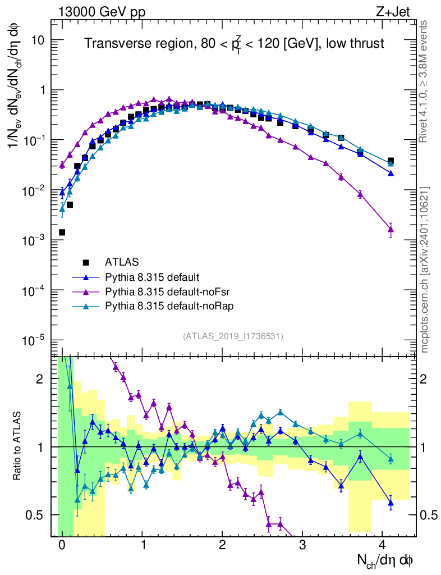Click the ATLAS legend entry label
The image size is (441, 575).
(121, 262)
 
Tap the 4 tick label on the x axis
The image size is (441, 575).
(382, 545)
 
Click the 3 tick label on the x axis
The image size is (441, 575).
(302, 545)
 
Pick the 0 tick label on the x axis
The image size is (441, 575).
(62, 545)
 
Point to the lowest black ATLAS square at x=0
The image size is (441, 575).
(62, 232)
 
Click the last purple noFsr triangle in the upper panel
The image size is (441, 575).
(391, 229)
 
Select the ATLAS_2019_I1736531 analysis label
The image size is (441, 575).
(233, 336)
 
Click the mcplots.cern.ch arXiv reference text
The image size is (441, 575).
(425, 270)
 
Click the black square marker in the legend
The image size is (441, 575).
(86, 262)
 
